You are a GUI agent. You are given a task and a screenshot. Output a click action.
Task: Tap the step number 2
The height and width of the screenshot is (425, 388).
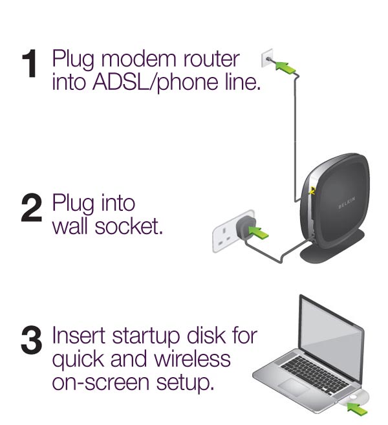coord(30,214)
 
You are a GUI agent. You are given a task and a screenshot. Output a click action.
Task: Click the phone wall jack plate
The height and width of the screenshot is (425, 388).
coord(267,59)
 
